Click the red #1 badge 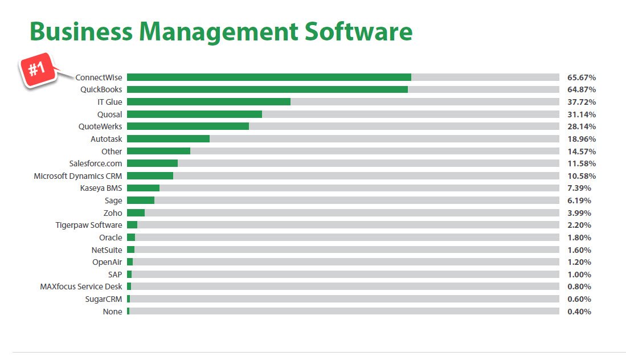(38, 71)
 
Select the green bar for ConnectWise (269, 77)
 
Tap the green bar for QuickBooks (267, 89)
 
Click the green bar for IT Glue (208, 102)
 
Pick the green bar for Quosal (194, 114)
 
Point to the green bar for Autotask (168, 139)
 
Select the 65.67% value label (582, 77)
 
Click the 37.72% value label (582, 102)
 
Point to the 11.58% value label (582, 163)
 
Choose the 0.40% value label (579, 312)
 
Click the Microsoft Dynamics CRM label (78, 176)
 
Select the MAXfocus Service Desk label (81, 287)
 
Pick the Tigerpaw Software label (89, 225)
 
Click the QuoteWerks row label (100, 126)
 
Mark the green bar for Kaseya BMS (143, 188)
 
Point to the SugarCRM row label (104, 299)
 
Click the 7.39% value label (579, 188)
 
